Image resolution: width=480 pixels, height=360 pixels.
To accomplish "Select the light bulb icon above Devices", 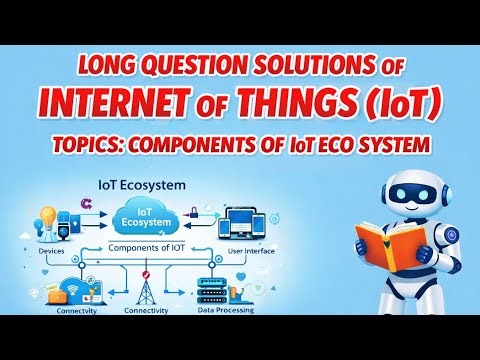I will click(x=44, y=217).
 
